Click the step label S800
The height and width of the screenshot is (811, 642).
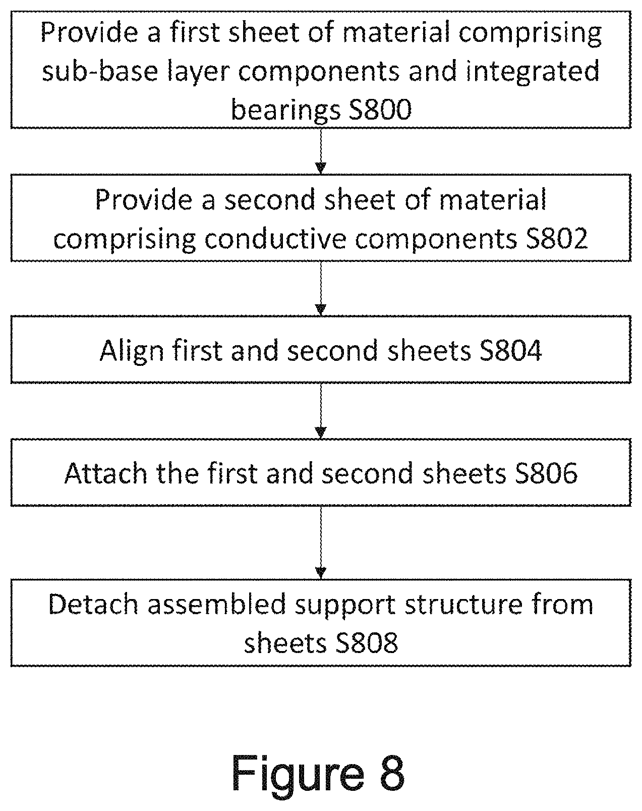(380, 110)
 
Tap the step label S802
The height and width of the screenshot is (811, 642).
(557, 239)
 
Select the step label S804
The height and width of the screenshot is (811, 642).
(510, 350)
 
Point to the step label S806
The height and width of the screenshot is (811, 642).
(546, 473)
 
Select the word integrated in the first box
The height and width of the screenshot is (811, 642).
(533, 72)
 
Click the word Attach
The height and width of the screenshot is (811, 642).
(106, 473)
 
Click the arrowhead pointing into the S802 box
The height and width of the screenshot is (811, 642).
(320, 168)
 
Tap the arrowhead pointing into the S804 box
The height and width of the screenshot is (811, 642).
(320, 309)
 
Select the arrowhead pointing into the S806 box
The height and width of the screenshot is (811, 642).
(320, 432)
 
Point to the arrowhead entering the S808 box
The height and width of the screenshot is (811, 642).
(320, 573)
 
